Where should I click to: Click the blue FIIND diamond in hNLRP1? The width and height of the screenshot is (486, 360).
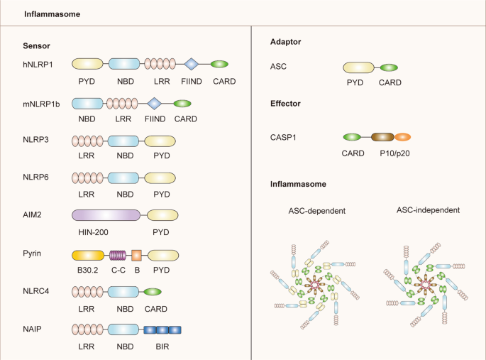[191, 65]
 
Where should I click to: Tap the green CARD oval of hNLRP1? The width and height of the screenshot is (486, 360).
[220, 65]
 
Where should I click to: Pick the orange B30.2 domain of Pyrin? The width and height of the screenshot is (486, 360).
[89, 254]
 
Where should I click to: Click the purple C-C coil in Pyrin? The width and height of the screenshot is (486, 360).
[118, 254]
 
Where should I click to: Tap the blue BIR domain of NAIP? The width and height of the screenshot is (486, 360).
[162, 329]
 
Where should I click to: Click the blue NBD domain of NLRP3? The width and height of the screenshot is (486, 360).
[123, 141]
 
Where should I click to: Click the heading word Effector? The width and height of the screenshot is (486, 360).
[286, 104]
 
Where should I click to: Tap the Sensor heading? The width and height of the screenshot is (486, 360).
[37, 45]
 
